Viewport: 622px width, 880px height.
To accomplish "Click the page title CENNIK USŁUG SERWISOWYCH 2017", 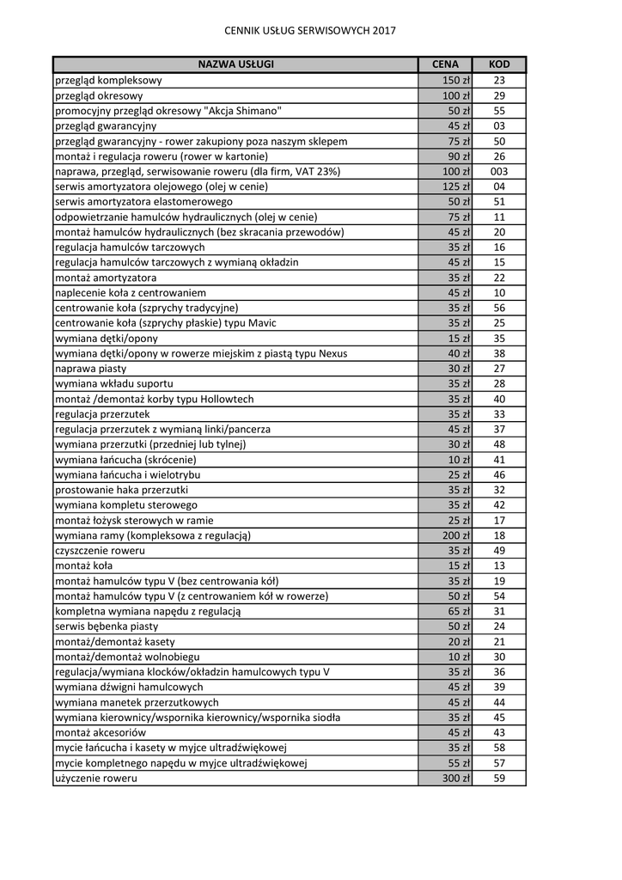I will click(x=310, y=30).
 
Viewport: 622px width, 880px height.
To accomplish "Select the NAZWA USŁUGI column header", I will click(x=235, y=64).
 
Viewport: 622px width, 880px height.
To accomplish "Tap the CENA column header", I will click(x=445, y=64).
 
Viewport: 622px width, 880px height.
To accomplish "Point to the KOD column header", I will click(x=499, y=64).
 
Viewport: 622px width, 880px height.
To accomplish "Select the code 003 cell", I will click(x=499, y=171).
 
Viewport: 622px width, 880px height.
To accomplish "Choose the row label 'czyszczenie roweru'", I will click(x=100, y=550).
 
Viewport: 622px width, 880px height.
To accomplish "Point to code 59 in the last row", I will click(x=499, y=778).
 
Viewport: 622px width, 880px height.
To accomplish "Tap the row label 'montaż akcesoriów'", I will click(x=101, y=732).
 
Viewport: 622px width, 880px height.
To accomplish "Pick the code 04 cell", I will click(x=499, y=186).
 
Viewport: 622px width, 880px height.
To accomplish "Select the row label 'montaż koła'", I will click(x=83, y=565).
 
